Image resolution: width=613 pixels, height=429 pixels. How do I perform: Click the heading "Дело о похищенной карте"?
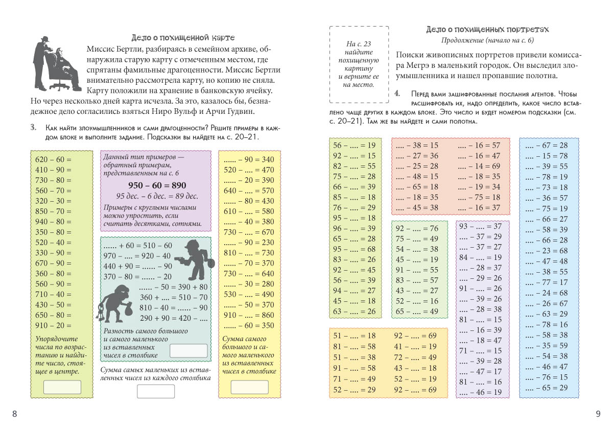(183, 38)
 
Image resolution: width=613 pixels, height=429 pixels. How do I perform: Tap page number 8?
(14, 414)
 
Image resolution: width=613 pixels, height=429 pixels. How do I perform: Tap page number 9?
(598, 414)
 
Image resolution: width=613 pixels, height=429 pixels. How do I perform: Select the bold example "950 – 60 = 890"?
(157, 185)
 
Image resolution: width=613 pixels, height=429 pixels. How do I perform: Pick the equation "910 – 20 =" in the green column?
(53, 325)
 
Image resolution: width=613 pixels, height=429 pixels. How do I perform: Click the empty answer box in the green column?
(62, 387)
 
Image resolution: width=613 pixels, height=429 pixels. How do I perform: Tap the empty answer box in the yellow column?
(249, 387)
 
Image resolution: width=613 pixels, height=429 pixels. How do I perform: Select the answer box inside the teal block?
(188, 351)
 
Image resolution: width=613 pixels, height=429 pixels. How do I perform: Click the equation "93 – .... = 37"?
(481, 226)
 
